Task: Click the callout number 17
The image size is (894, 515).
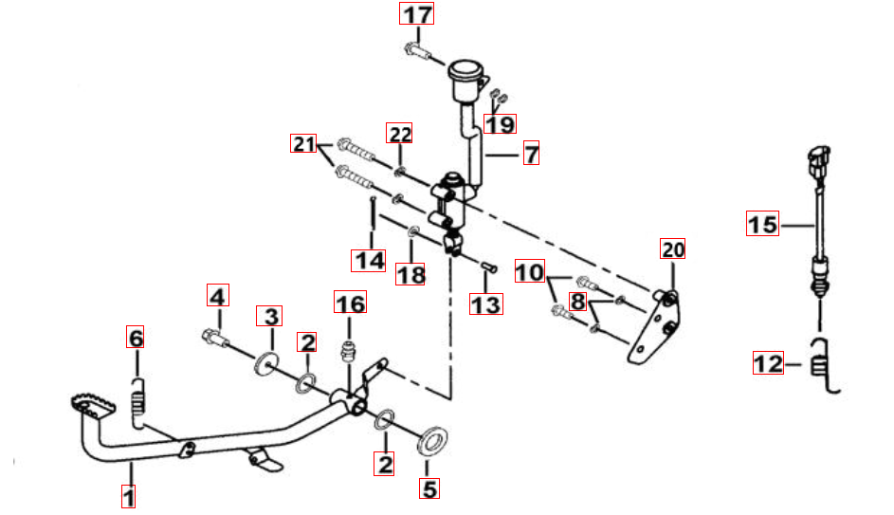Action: click(416, 13)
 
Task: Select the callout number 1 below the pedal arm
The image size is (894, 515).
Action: click(129, 496)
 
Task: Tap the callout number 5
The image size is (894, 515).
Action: click(429, 488)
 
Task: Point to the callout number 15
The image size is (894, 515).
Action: click(762, 224)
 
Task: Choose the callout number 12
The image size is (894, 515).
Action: click(768, 363)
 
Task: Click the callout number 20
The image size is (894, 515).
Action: click(673, 249)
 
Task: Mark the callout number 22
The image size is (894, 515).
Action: click(400, 134)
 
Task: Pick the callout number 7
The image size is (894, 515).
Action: click(531, 154)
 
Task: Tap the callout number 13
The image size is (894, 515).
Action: click(485, 304)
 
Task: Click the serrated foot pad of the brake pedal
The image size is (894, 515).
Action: click(93, 407)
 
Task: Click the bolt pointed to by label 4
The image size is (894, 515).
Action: click(215, 338)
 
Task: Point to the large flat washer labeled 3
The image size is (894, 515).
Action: click(266, 364)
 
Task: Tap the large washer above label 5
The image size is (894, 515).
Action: click(432, 441)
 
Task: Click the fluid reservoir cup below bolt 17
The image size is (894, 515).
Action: click(466, 81)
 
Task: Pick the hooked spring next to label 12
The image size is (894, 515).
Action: click(823, 365)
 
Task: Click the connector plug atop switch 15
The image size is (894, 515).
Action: click(819, 162)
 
